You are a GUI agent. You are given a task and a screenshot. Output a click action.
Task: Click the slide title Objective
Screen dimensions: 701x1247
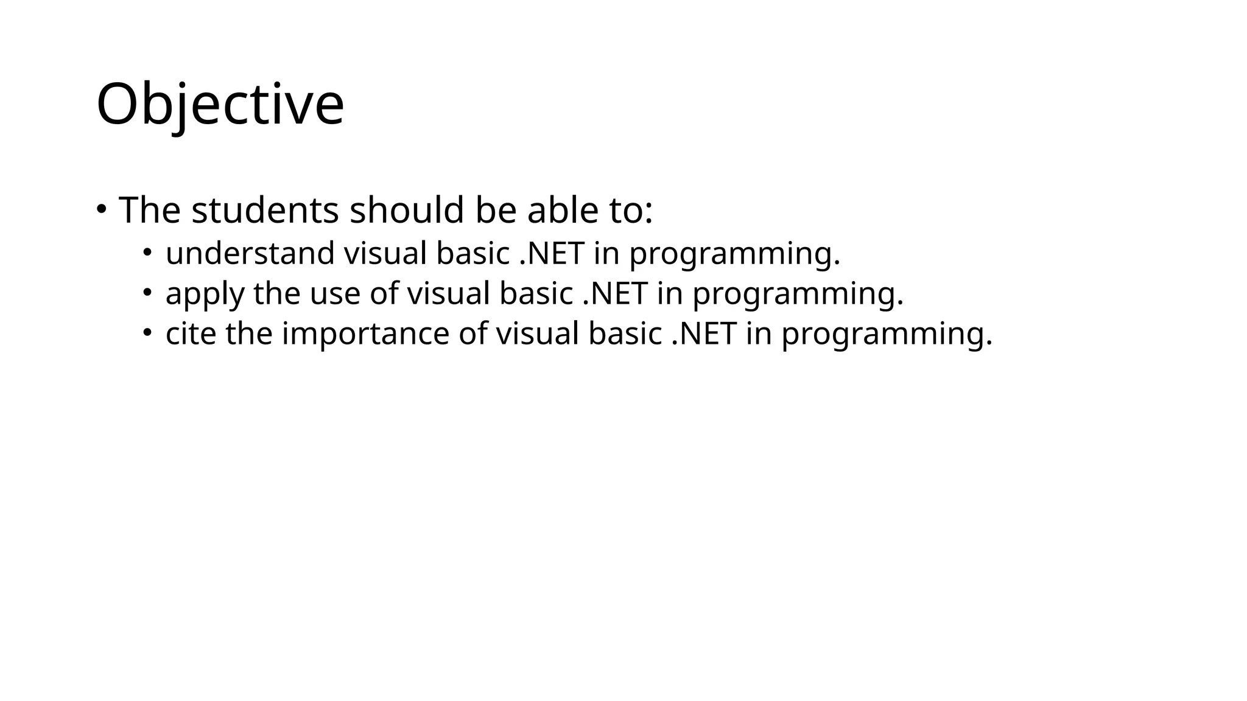point(220,105)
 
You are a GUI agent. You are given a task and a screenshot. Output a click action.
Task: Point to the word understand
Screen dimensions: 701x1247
point(250,254)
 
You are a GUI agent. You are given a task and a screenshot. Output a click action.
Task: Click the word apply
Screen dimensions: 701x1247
point(205,295)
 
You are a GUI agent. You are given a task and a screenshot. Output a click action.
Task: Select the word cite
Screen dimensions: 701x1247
point(191,334)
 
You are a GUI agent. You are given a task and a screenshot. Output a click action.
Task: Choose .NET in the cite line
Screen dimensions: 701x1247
point(704,334)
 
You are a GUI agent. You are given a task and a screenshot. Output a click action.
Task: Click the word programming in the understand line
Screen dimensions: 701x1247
point(734,255)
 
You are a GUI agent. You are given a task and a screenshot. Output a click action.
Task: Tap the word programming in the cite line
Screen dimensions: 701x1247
point(886,335)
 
